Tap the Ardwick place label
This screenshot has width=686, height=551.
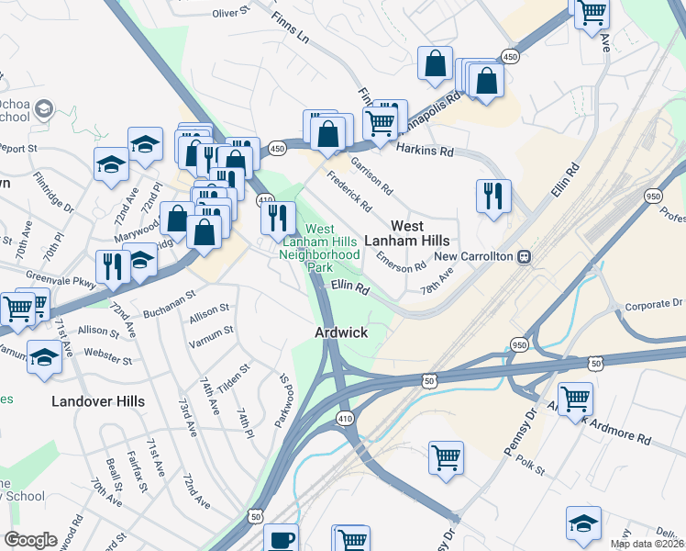coord(341,332)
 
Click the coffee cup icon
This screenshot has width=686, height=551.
coord(281,539)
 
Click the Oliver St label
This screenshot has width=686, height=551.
coord(231,13)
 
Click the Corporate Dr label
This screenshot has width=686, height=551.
coord(654,304)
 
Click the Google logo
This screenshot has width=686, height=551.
coord(30,539)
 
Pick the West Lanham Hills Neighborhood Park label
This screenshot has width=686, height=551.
coord(318,247)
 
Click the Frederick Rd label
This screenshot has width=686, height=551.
coord(348,189)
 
